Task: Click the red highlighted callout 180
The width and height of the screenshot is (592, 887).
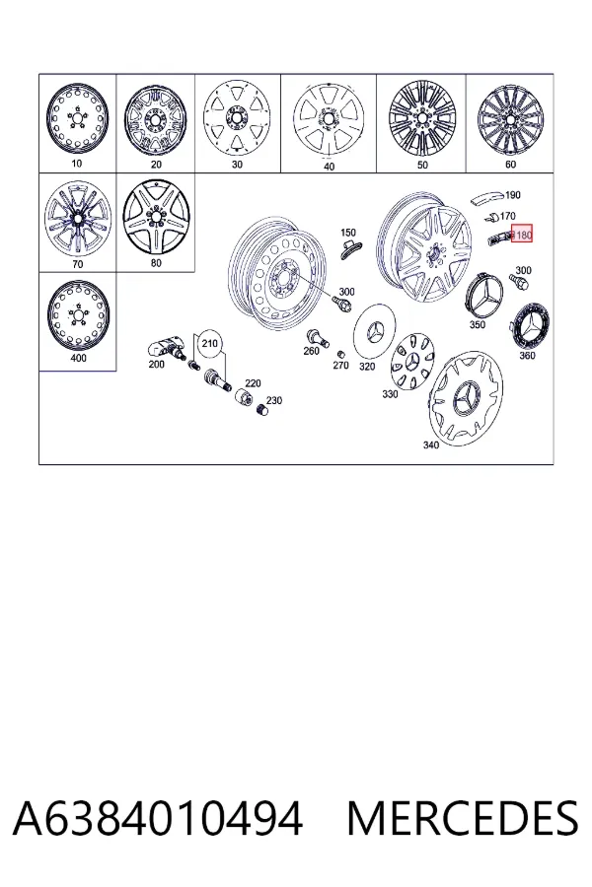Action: [x=522, y=233]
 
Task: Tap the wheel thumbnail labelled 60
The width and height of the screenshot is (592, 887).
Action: [x=507, y=120]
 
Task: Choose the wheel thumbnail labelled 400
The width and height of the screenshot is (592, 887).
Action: [x=77, y=315]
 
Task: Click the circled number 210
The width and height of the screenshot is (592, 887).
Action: [x=209, y=344]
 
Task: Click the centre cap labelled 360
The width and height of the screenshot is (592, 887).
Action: [x=530, y=327]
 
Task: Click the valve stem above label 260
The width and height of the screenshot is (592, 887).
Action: [x=318, y=337]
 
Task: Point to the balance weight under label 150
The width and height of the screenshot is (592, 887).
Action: [x=351, y=248]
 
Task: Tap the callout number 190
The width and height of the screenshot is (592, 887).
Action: [x=512, y=195]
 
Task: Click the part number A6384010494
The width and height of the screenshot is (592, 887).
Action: [x=158, y=819]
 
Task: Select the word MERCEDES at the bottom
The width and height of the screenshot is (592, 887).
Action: [x=462, y=819]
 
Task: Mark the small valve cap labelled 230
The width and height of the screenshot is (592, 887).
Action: [x=261, y=410]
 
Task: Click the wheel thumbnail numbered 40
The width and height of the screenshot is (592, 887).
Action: [x=327, y=120]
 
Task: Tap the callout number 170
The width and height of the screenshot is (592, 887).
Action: [x=507, y=216]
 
